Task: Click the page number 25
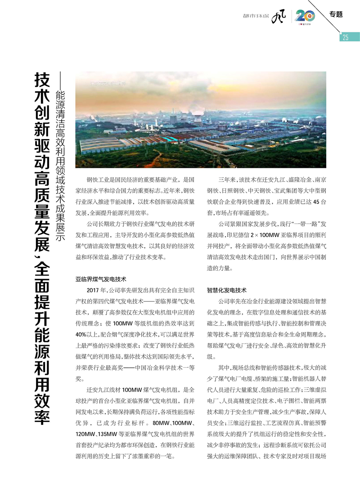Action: (x=345, y=37)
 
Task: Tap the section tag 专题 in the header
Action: (x=336, y=14)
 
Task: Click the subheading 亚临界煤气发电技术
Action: (x=101, y=279)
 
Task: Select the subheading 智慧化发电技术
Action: (x=227, y=290)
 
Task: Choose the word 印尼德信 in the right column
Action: (x=237, y=235)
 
